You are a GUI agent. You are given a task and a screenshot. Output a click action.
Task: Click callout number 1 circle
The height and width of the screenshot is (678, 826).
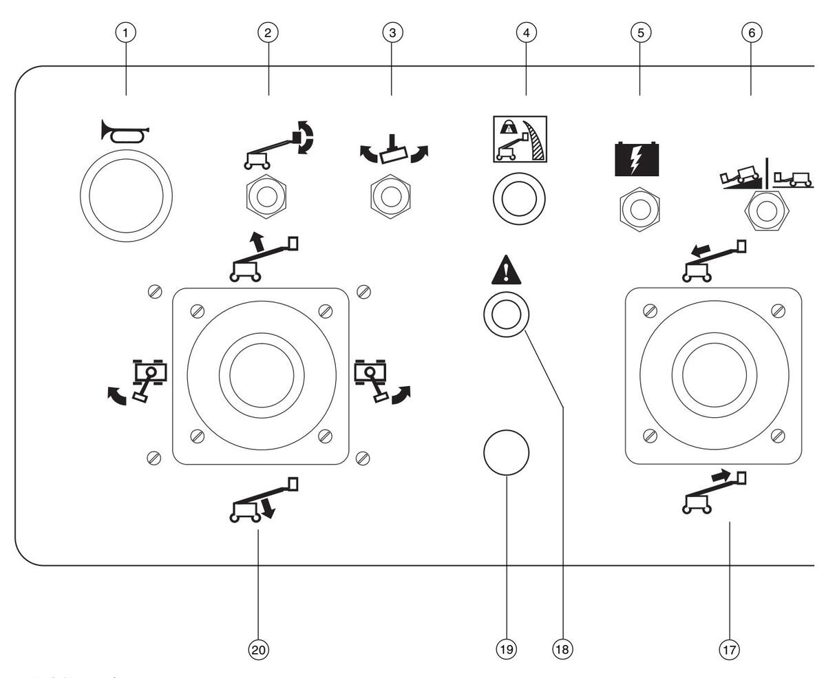pyautogui.click(x=127, y=32)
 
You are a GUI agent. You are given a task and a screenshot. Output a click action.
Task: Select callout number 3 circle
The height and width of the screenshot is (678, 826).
pyautogui.click(x=392, y=32)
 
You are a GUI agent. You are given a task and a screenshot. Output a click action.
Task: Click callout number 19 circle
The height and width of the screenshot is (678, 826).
pyautogui.click(x=506, y=648)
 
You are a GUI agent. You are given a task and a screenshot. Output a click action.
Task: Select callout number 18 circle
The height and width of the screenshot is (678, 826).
pyautogui.click(x=563, y=648)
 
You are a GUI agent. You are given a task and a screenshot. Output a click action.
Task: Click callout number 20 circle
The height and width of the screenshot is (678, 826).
pyautogui.click(x=258, y=648)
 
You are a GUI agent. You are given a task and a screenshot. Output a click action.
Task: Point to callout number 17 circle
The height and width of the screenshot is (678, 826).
pyautogui.click(x=730, y=648)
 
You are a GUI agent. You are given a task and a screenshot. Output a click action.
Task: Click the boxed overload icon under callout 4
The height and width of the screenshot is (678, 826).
pyautogui.click(x=520, y=139)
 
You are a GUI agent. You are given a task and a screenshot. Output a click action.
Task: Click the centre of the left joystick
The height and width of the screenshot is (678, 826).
pyautogui.click(x=261, y=376)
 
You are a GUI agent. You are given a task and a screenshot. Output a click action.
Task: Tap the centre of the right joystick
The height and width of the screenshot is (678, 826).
pyautogui.click(x=713, y=376)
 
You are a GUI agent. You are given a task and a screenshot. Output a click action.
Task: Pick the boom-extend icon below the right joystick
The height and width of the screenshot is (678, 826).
pyautogui.click(x=713, y=491)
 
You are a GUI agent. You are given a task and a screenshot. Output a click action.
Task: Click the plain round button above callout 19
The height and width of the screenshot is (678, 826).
pyautogui.click(x=506, y=453)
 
